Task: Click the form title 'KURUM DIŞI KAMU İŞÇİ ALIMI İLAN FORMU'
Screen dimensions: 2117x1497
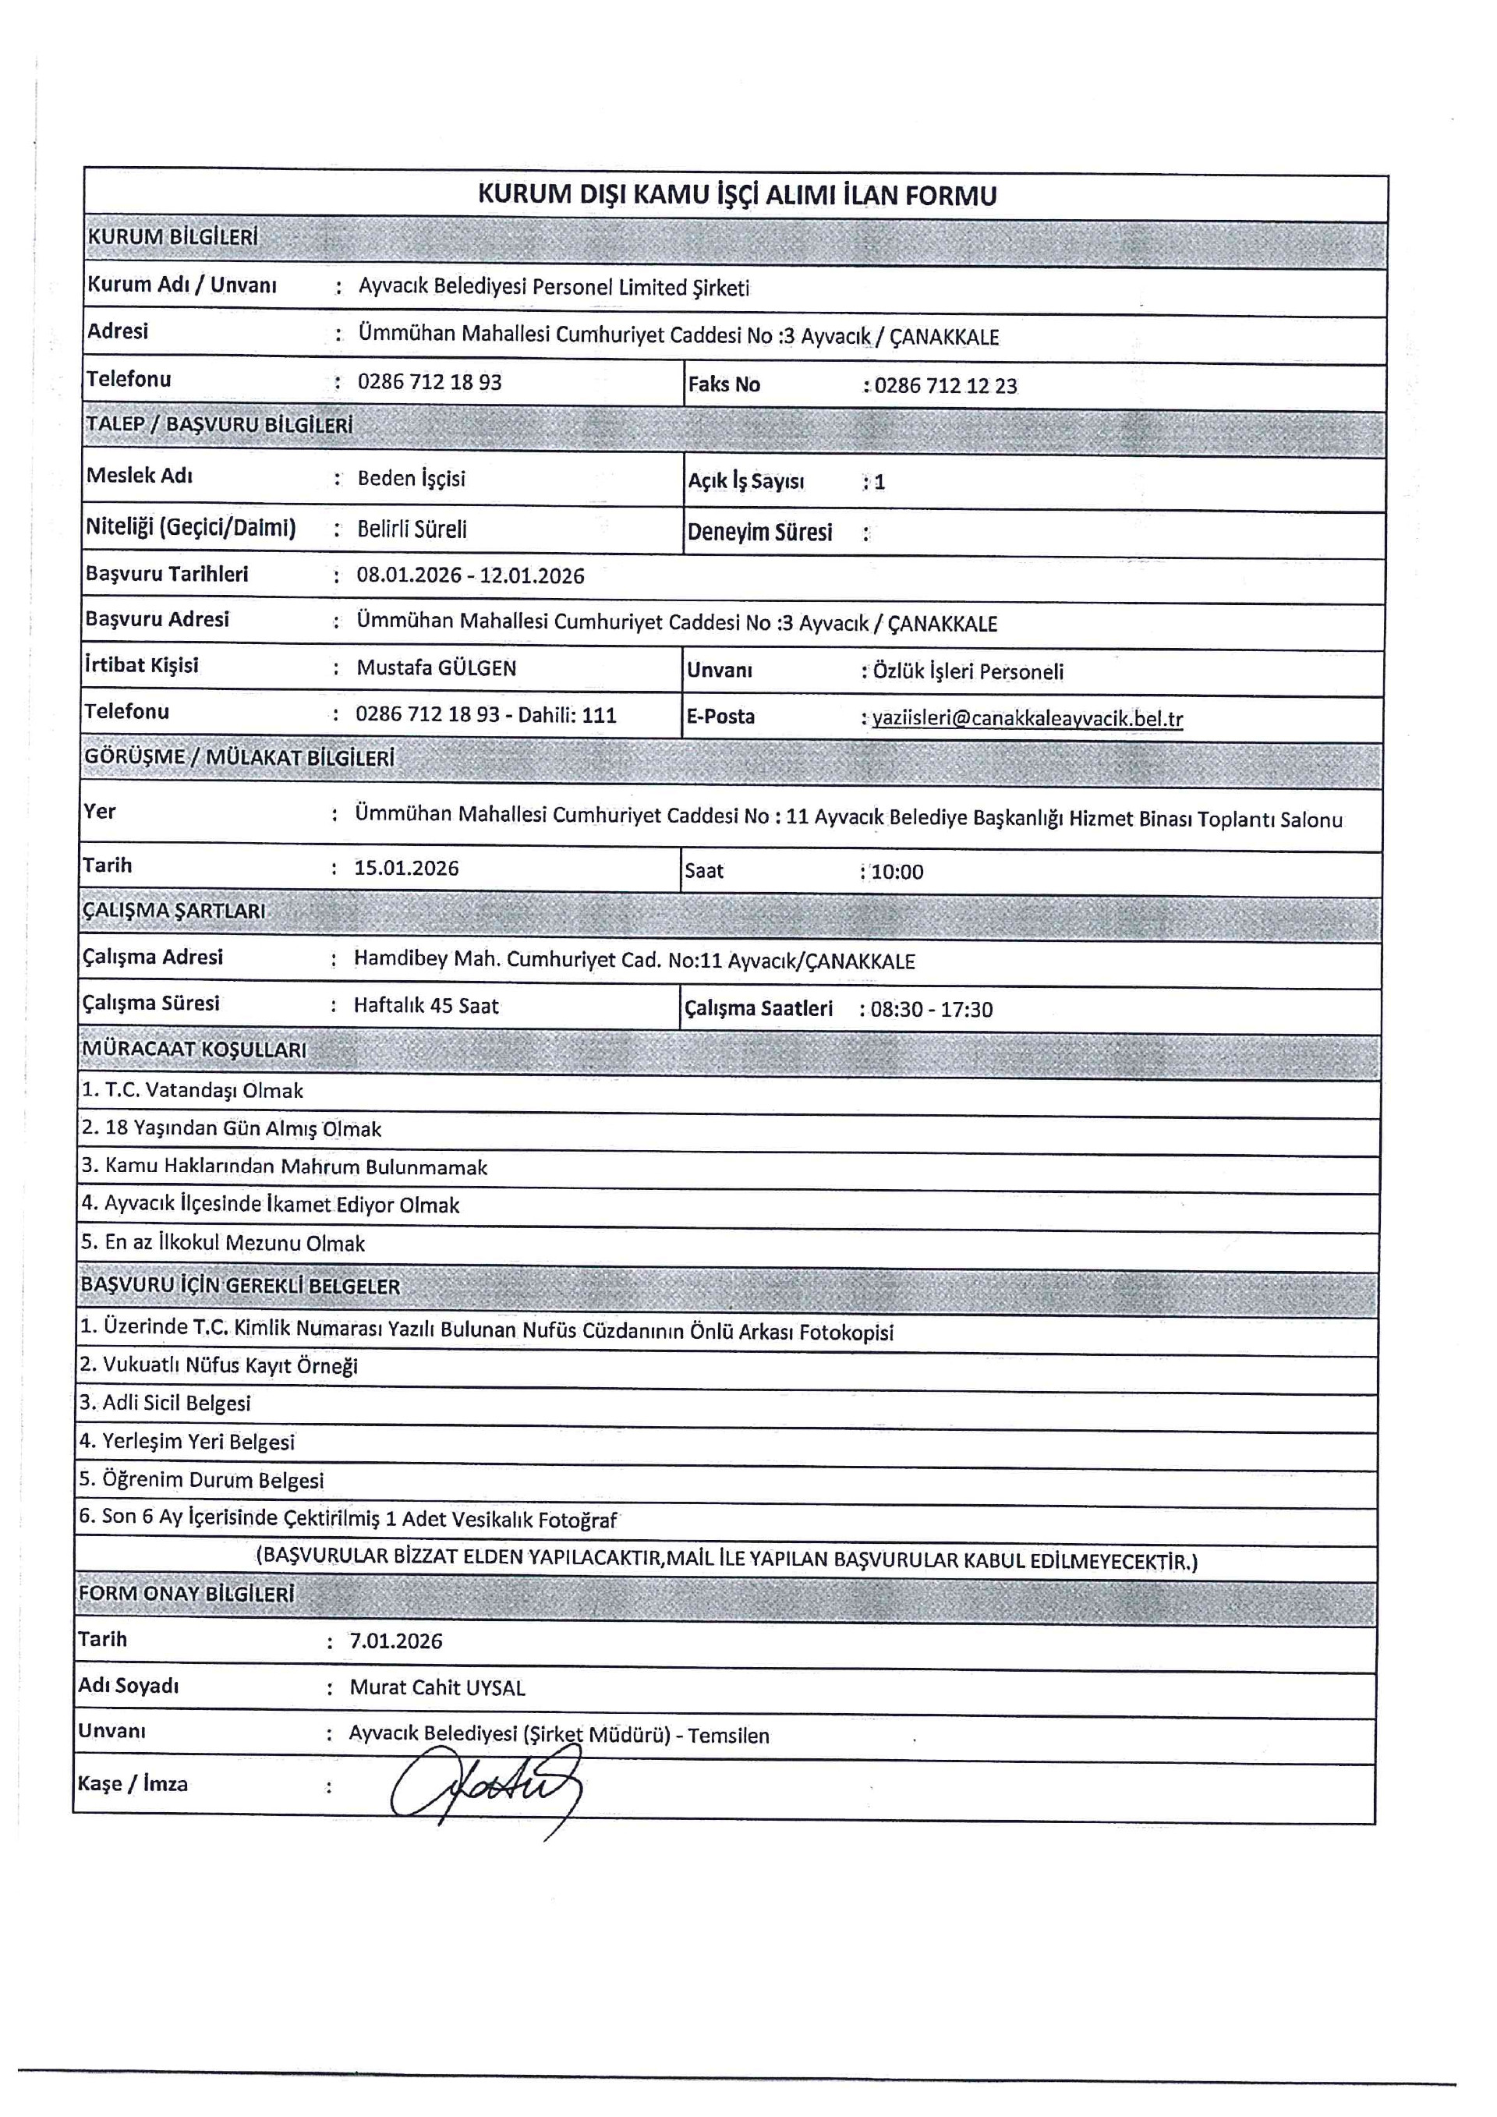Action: point(737,196)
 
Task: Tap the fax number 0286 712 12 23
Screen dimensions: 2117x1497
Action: point(946,385)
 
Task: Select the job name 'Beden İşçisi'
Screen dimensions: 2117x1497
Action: point(411,479)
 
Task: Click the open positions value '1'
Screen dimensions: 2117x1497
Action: point(879,481)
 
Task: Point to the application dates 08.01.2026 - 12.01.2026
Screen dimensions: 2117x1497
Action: point(470,575)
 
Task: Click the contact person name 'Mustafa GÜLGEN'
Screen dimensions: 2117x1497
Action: point(436,667)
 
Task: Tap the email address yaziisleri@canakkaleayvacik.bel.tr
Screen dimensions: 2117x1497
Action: point(1027,718)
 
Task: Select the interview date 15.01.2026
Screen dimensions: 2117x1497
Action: point(406,868)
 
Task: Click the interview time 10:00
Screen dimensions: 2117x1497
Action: point(896,871)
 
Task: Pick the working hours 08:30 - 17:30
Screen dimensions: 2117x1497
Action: point(931,1009)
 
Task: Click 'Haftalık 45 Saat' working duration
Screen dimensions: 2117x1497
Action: point(426,1005)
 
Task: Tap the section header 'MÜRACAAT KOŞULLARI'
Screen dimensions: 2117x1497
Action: point(193,1050)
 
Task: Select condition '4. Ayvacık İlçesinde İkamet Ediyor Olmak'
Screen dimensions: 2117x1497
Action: point(270,1204)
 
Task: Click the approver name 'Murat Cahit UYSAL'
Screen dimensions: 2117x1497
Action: point(437,1687)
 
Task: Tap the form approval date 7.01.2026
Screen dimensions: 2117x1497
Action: point(395,1641)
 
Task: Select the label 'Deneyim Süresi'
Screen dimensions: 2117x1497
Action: point(759,532)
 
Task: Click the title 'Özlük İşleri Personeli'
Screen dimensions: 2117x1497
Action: point(968,671)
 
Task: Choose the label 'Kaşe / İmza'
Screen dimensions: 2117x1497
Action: point(133,1783)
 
